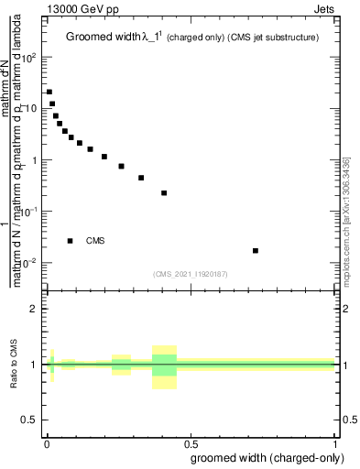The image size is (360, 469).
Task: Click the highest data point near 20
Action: (x=49, y=92)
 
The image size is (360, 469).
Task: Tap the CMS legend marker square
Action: (x=70, y=241)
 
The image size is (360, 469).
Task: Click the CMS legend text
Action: (x=95, y=241)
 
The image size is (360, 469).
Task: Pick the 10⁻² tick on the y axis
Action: (x=30, y=263)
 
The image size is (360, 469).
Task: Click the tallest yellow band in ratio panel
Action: (x=164, y=367)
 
